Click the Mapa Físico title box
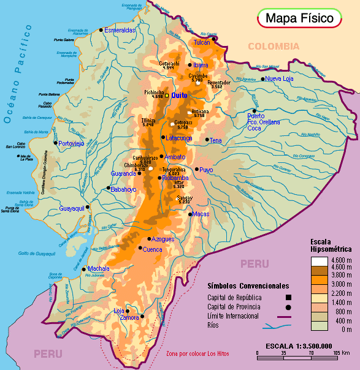pos(299,18)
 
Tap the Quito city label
pos(179,96)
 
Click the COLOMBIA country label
pos(274,47)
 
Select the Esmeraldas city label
pos(120,30)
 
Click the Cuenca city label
pos(152,250)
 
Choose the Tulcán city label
pos(202,43)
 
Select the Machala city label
pos(98,269)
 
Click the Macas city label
pos(201,214)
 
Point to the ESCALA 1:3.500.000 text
pos(299,346)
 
